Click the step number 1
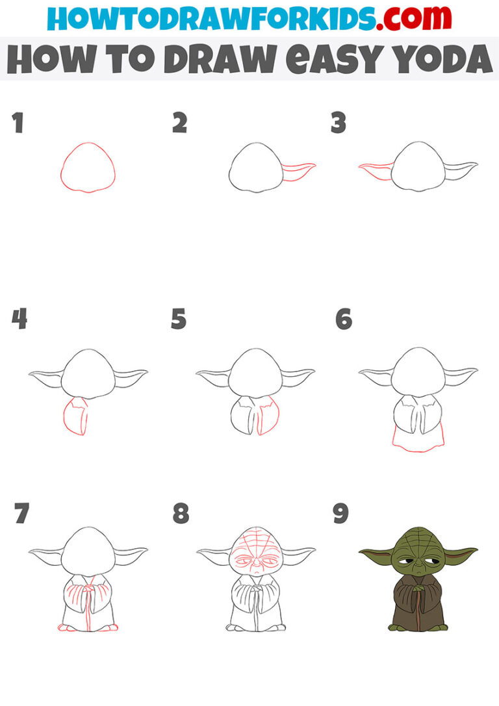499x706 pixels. (x=18, y=123)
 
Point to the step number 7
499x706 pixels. (x=21, y=514)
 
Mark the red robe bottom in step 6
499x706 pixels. (x=418, y=442)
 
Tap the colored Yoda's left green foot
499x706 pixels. (x=396, y=627)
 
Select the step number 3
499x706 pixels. (x=338, y=123)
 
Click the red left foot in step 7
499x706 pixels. (x=67, y=627)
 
